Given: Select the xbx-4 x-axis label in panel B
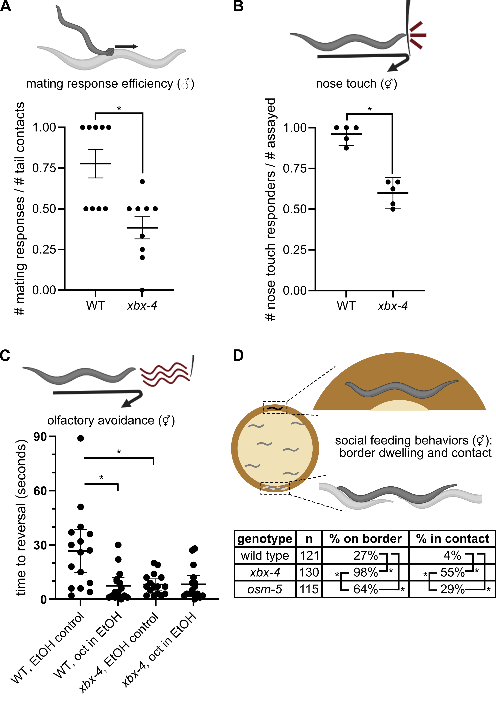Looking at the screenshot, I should click(392, 306).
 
